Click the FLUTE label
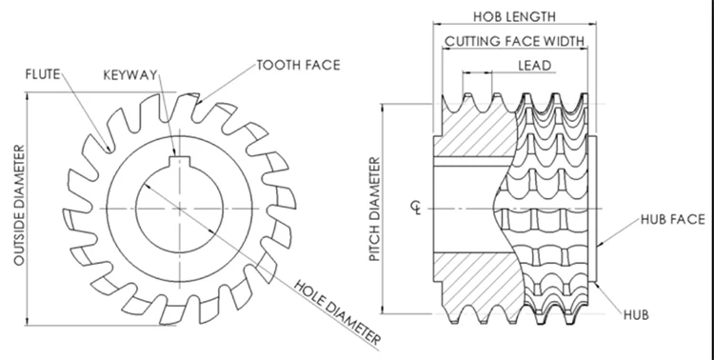(x=43, y=74)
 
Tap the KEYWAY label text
(x=130, y=75)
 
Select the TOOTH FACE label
(x=298, y=65)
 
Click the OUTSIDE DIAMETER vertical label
(x=19, y=205)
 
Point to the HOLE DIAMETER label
(x=337, y=312)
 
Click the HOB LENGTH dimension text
(x=514, y=17)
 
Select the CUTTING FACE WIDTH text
(x=514, y=42)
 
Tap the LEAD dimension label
(x=535, y=66)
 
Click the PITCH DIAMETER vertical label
(x=374, y=210)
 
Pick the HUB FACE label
(x=672, y=220)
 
